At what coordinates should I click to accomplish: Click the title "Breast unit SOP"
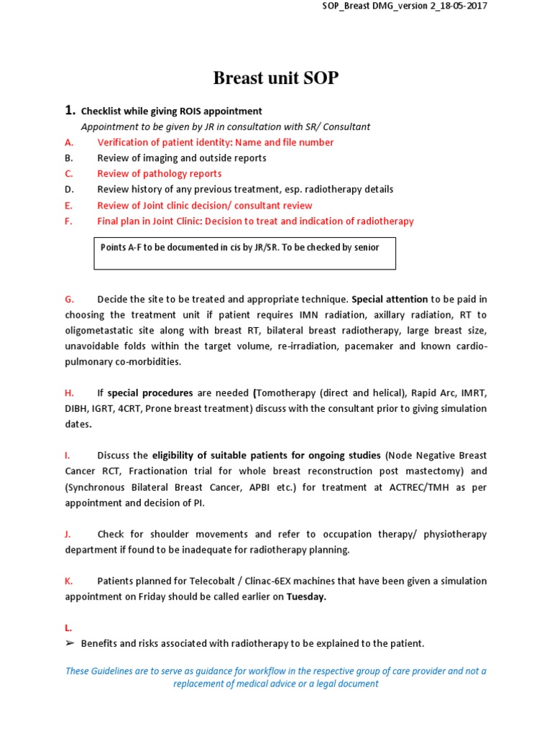click(275, 78)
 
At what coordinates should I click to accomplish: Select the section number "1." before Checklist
click(70, 111)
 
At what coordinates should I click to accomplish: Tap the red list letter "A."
click(69, 142)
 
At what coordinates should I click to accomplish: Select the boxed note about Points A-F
click(244, 253)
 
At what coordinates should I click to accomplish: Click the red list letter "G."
click(70, 299)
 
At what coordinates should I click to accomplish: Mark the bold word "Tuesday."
click(306, 597)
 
